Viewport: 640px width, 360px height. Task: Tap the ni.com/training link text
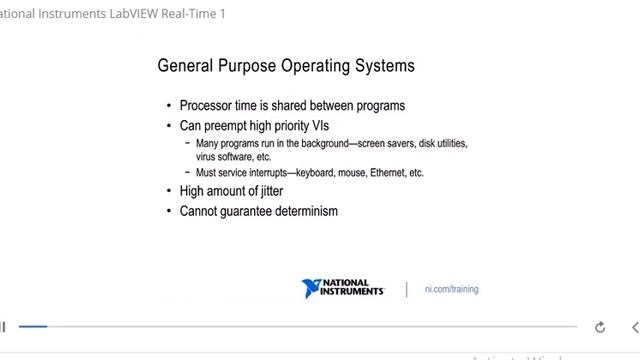(x=451, y=289)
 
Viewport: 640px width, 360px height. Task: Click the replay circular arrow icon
(x=600, y=327)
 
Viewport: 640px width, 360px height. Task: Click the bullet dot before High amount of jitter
(x=168, y=191)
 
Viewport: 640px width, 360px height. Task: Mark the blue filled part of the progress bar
(x=32, y=326)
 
